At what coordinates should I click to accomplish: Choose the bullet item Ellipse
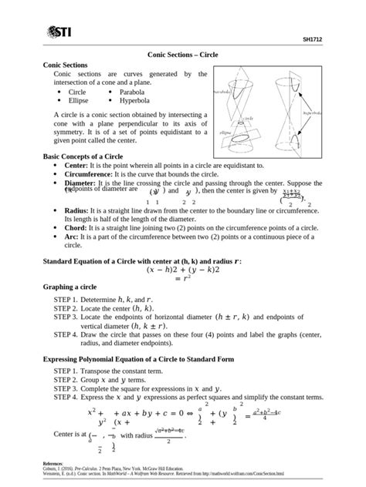pos(80,100)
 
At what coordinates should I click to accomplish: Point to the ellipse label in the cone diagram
pos(225,133)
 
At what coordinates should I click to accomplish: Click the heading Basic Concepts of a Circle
pos(83,156)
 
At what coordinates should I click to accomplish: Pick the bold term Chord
pos(76,228)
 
